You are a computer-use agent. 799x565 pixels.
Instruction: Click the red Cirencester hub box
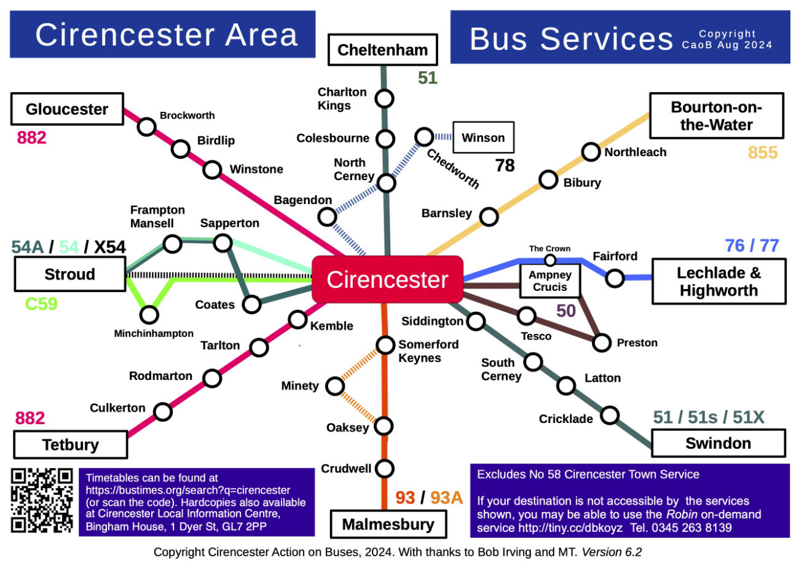tap(387, 279)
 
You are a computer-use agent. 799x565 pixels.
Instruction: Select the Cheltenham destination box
tap(382, 50)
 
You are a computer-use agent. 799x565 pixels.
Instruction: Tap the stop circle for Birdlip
tap(181, 149)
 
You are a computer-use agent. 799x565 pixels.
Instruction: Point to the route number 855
tap(762, 152)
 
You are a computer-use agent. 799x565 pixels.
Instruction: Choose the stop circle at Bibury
tap(548, 180)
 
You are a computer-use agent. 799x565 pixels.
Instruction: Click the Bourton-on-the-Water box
tap(717, 116)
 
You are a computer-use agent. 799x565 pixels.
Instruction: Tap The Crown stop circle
tap(550, 260)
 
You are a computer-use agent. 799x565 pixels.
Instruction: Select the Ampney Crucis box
tap(550, 280)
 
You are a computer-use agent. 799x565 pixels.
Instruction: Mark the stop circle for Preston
tap(602, 342)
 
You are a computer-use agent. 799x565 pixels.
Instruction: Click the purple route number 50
tap(566, 310)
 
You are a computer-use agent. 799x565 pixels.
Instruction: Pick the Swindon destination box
tap(718, 443)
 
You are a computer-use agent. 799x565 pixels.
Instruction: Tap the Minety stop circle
tap(335, 386)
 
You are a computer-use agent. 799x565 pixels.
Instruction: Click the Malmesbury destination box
tap(387, 524)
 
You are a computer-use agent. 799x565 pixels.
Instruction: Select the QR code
tap(42, 500)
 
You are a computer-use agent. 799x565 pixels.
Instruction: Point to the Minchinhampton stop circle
tap(149, 315)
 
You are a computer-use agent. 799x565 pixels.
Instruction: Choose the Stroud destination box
tap(69, 274)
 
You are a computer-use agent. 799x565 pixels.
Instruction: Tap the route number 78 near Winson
tap(505, 165)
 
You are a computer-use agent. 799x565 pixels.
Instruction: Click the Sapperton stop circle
tap(222, 243)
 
